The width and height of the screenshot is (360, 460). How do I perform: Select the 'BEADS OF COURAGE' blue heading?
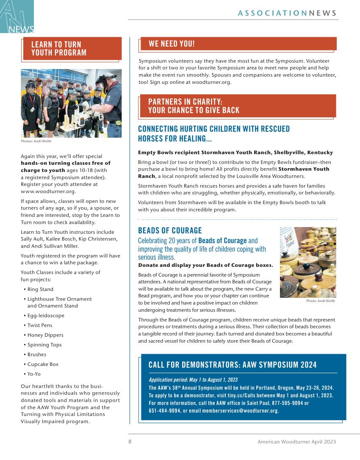click(x=170, y=230)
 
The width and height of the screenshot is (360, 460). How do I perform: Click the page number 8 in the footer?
click(x=130, y=441)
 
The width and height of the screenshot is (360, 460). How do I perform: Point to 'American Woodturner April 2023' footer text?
click(x=296, y=441)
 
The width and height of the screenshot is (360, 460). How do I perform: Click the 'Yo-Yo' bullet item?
click(x=34, y=374)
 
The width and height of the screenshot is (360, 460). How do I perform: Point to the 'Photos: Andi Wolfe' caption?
click(x=36, y=141)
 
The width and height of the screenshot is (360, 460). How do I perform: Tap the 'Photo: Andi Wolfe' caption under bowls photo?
click(x=321, y=301)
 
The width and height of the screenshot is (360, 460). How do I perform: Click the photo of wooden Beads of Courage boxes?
click(x=308, y=262)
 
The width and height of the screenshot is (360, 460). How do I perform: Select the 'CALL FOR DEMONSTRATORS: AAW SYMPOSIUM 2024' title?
click(x=233, y=365)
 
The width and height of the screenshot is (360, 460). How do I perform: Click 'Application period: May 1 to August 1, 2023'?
click(x=193, y=380)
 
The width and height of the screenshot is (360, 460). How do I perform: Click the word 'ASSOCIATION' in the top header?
click(x=272, y=13)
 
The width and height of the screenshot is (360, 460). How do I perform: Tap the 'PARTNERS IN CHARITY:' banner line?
click(x=185, y=102)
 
